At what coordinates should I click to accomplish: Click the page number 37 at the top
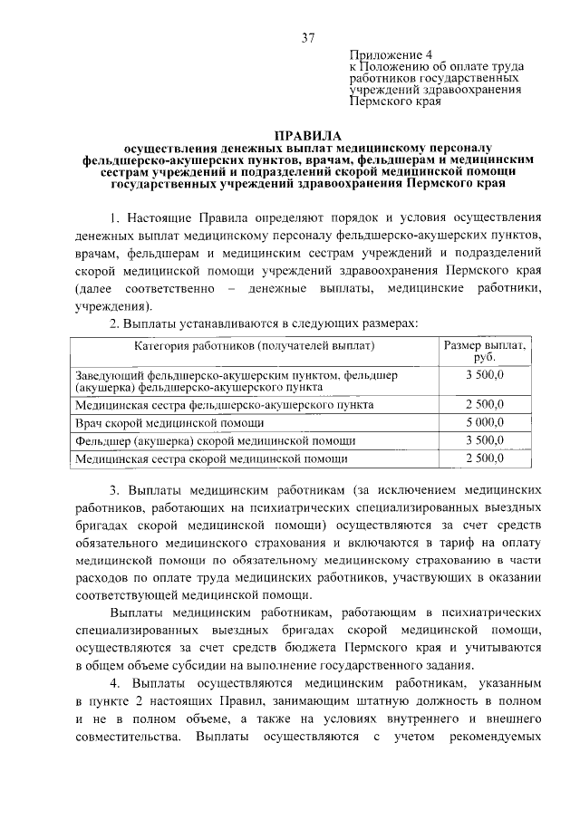(307, 37)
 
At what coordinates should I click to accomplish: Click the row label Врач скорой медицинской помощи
(170, 422)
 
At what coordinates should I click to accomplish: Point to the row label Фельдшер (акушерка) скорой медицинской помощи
(216, 440)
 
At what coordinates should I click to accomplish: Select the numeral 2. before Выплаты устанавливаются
(115, 323)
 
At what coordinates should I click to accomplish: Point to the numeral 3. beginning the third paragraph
(115, 489)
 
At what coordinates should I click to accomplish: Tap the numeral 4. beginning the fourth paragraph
(115, 682)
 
